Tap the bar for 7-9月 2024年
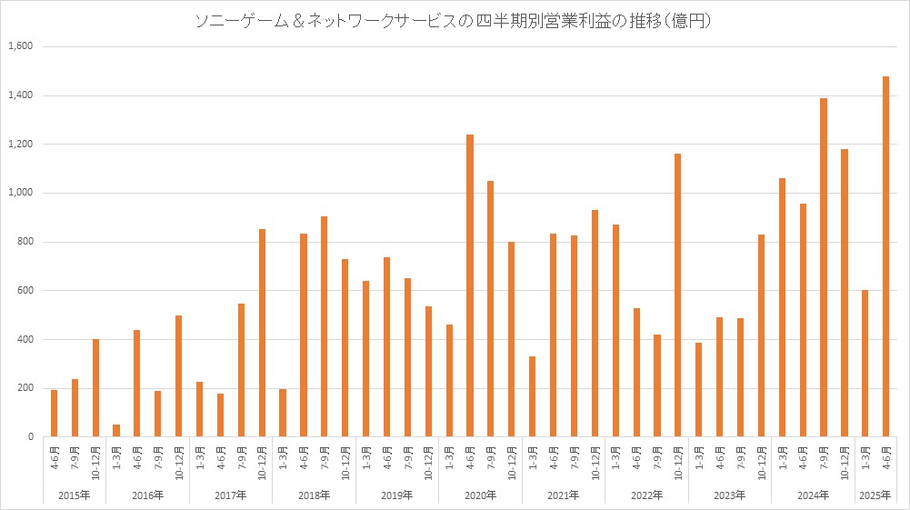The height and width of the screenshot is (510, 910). tap(824, 267)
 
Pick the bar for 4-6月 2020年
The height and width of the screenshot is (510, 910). tap(470, 285)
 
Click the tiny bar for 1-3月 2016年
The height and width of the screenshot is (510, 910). tap(116, 431)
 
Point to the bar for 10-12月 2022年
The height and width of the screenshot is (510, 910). tap(677, 295)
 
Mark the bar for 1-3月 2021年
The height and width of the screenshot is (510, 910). tap(532, 396)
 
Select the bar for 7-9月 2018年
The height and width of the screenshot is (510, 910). tap(325, 326)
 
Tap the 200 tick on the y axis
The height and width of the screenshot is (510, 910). tap(24, 388)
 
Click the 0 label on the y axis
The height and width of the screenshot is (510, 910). tap(30, 437)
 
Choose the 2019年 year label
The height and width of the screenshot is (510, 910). tap(397, 495)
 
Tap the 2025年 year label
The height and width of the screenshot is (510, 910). tap(875, 495)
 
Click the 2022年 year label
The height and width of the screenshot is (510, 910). tap(646, 495)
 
